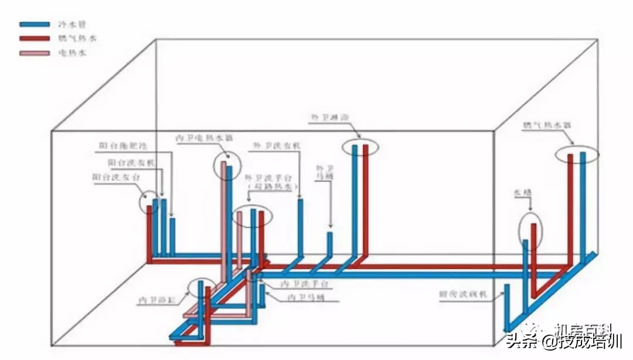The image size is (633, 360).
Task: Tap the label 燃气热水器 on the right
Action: point(546,125)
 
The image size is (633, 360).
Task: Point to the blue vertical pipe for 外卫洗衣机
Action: point(300,226)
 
